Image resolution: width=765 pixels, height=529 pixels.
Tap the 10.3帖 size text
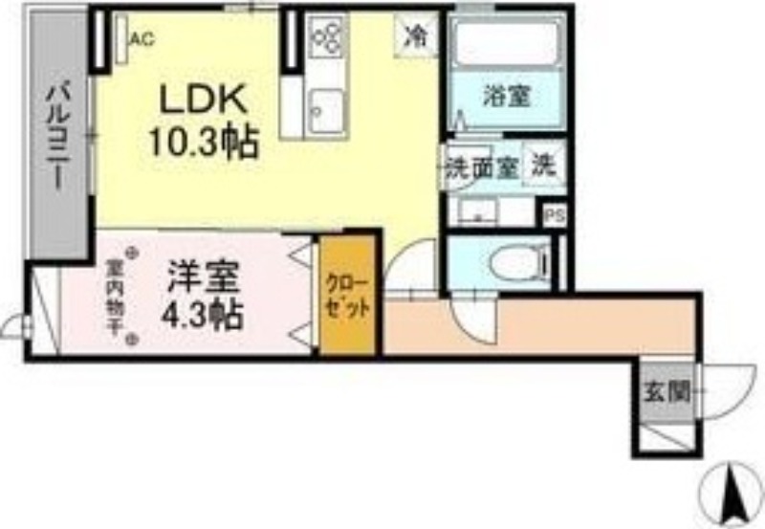tap(201, 143)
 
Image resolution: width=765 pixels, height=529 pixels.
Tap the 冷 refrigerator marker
tap(416, 36)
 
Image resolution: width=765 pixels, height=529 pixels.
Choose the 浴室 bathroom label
tap(507, 96)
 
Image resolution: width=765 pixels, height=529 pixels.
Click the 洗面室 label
tap(482, 167)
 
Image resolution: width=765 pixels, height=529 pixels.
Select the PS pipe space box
tap(554, 216)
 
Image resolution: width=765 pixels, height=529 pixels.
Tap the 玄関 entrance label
tap(666, 391)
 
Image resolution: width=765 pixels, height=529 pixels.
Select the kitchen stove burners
tap(327, 37)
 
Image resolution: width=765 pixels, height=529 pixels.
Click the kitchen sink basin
tap(327, 105)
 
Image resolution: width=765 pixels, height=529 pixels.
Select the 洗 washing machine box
tap(543, 165)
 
